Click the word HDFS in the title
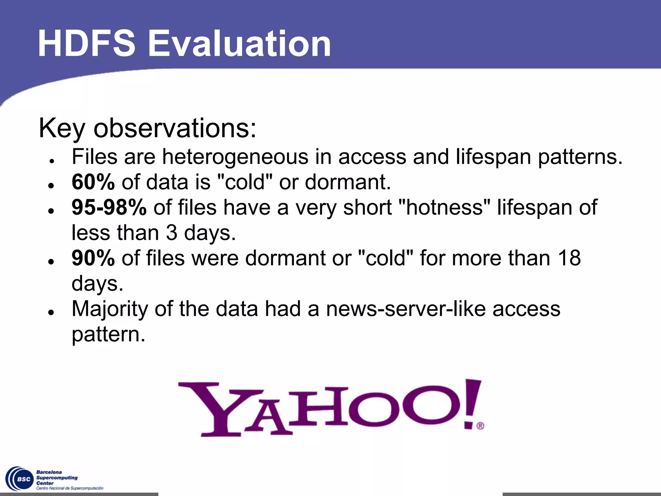(86, 44)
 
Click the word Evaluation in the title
(239, 44)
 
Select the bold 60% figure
(93, 182)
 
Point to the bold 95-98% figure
(109, 207)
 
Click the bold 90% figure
(93, 258)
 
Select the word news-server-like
(406, 309)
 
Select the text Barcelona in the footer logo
(49, 472)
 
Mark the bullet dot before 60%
(51, 185)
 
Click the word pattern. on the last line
(108, 334)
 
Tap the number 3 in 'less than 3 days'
(171, 233)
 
